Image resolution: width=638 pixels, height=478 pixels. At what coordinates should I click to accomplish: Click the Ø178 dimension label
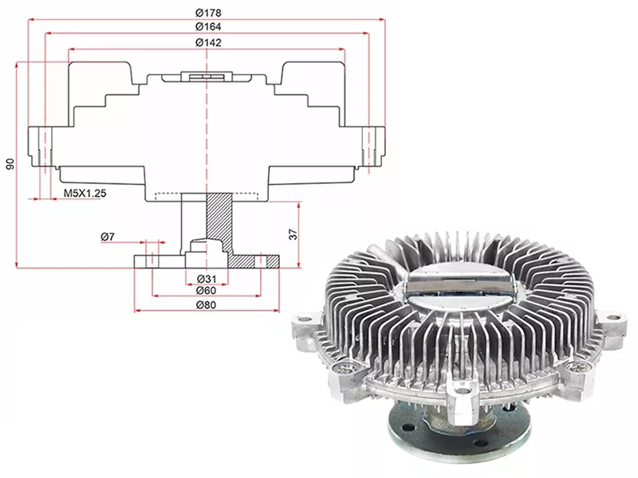[x=208, y=13]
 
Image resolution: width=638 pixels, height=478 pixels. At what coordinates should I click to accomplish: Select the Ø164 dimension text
[x=208, y=27]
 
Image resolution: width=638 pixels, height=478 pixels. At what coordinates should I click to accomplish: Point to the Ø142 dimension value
[x=208, y=42]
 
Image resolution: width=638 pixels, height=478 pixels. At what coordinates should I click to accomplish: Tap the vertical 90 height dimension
[x=10, y=164]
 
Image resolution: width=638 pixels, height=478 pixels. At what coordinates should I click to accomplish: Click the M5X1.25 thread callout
[x=85, y=193]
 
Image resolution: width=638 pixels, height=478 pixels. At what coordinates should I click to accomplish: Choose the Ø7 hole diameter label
[x=108, y=236]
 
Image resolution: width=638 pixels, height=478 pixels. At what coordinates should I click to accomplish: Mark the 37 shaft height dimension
[x=293, y=234]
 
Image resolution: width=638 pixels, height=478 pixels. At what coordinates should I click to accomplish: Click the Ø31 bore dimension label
[x=207, y=279]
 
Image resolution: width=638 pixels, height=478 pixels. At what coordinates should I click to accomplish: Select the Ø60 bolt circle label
[x=207, y=290]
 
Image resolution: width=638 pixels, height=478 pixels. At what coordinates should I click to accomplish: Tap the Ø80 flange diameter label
[x=207, y=305]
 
